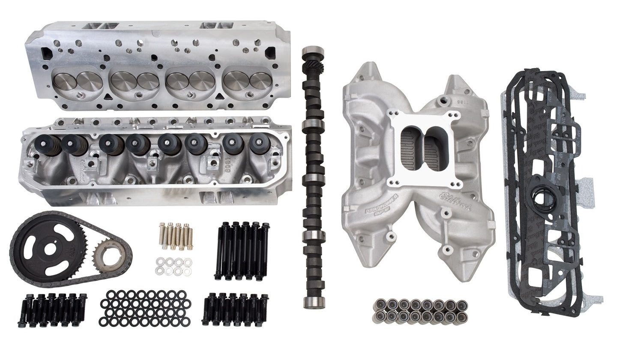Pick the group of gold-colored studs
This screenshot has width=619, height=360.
tap(175, 236)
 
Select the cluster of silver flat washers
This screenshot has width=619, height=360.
tap(173, 266)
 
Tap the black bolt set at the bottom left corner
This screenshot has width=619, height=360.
tap(54, 309)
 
